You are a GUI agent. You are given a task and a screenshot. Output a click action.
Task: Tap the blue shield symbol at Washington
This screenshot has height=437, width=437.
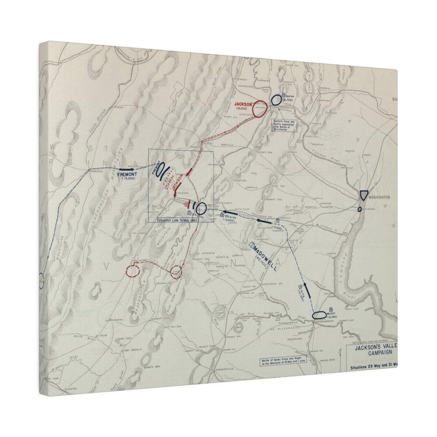click(x=364, y=195)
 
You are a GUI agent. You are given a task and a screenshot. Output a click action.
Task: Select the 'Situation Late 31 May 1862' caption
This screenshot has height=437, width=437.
click(x=178, y=220)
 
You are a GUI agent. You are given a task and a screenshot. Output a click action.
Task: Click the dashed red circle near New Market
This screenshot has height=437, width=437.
click(x=132, y=270)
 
